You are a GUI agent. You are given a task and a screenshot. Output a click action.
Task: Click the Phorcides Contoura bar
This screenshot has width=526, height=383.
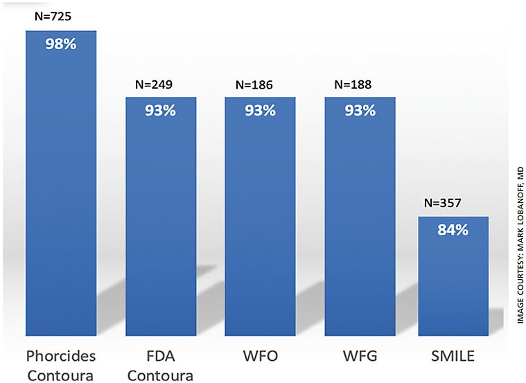(60, 194)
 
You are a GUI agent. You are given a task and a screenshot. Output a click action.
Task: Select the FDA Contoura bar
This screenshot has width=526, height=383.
(160, 222)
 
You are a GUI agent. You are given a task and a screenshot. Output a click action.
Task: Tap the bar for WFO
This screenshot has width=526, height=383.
(260, 222)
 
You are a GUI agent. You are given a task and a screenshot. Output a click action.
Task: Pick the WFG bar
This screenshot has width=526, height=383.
(360, 222)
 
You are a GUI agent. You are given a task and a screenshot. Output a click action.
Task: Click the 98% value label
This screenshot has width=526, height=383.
(60, 44)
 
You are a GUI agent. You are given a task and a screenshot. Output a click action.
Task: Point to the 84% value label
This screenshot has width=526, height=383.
(453, 230)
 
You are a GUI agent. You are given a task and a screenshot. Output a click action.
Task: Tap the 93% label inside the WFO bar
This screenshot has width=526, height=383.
(260, 110)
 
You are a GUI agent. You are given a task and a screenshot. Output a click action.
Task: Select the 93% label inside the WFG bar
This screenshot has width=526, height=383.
(360, 110)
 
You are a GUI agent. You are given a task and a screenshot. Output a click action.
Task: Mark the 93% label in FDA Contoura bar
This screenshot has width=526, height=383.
(160, 110)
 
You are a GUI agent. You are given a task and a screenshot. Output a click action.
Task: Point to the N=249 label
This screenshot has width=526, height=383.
(154, 85)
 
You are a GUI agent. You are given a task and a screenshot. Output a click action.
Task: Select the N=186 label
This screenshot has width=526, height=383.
(254, 85)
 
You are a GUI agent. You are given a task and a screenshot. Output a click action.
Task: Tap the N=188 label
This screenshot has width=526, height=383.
(353, 85)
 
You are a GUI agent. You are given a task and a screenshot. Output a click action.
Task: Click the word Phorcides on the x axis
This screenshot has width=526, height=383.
(60, 357)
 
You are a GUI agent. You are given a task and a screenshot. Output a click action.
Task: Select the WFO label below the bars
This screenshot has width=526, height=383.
(260, 357)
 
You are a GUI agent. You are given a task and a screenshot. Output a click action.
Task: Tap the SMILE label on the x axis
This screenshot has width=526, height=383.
(453, 357)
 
